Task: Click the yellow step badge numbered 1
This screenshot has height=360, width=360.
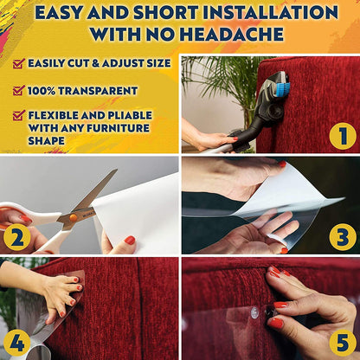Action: [x=343, y=135]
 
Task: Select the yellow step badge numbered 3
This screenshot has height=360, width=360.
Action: [x=343, y=236]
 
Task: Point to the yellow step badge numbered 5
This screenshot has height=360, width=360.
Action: [x=343, y=342]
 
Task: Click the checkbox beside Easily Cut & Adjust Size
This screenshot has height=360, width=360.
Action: [x=18, y=63]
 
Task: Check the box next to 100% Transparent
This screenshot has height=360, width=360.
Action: [x=18, y=90]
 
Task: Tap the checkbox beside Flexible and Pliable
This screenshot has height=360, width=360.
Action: [x=18, y=115]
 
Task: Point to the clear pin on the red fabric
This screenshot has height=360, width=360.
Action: [x=256, y=310]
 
